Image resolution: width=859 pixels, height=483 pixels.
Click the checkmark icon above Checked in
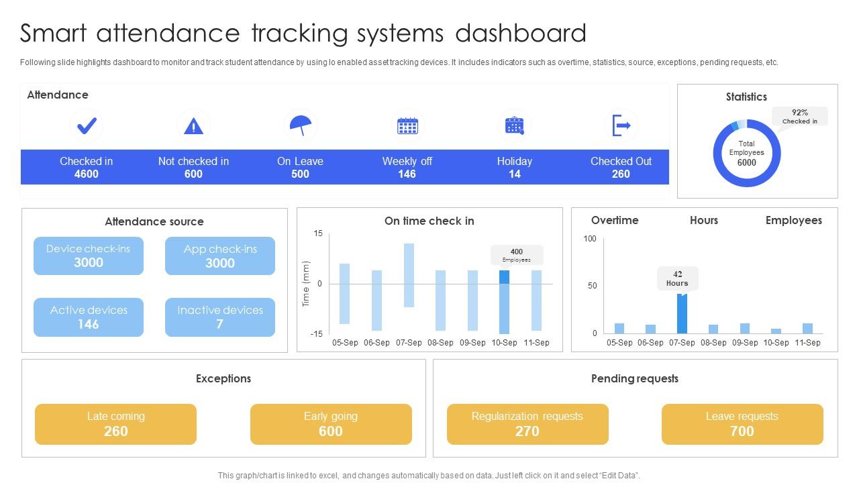(87, 125)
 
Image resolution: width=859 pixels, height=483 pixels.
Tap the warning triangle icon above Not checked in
(193, 125)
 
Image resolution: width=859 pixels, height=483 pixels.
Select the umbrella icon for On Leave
(300, 125)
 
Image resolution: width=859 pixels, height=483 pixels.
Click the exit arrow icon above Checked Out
(621, 125)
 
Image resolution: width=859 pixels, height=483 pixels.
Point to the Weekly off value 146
(407, 174)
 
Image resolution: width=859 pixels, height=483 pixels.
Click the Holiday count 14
(514, 174)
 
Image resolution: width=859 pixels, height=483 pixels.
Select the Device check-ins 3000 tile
(89, 256)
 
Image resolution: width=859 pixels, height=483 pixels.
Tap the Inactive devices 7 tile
(220, 317)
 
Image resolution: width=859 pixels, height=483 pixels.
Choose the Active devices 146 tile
(89, 317)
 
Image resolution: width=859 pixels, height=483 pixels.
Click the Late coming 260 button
(115, 424)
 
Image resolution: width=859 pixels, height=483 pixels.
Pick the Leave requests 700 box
(742, 424)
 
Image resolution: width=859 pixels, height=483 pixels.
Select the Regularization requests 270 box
(527, 424)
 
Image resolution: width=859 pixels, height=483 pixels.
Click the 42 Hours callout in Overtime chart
(677, 278)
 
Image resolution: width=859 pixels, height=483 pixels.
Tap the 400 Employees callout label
(517, 255)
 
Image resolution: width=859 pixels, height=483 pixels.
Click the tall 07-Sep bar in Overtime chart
(682, 313)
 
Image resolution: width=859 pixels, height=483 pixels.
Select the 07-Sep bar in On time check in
(409, 275)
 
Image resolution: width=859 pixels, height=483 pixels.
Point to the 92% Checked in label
(800, 116)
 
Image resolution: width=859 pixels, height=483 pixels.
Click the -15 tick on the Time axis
(317, 333)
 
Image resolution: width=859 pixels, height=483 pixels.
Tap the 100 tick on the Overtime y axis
(590, 239)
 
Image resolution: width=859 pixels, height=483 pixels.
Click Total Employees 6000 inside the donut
(746, 153)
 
